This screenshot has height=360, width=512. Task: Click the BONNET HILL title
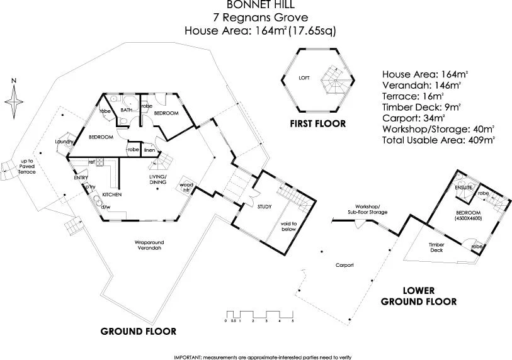click(256, 5)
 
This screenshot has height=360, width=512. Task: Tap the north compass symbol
click(14, 101)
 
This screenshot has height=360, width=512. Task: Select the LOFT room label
click(304, 79)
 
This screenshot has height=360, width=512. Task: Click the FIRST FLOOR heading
click(317, 124)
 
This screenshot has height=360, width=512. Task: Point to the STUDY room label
click(265, 206)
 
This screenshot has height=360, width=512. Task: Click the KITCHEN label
click(111, 196)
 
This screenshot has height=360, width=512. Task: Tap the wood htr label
click(186, 187)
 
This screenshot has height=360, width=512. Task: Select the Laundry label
click(64, 142)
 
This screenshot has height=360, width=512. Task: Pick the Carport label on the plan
click(344, 265)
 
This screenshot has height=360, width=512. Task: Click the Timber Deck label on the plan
click(436, 247)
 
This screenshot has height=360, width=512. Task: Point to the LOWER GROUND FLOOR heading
click(430, 296)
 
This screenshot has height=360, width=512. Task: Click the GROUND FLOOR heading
click(140, 332)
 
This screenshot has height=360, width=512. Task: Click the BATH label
click(126, 110)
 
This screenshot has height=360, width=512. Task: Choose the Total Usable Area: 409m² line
click(438, 140)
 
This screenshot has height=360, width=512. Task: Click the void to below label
click(288, 226)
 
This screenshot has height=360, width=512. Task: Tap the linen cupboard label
click(149, 150)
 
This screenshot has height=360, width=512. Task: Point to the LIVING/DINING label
click(157, 180)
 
